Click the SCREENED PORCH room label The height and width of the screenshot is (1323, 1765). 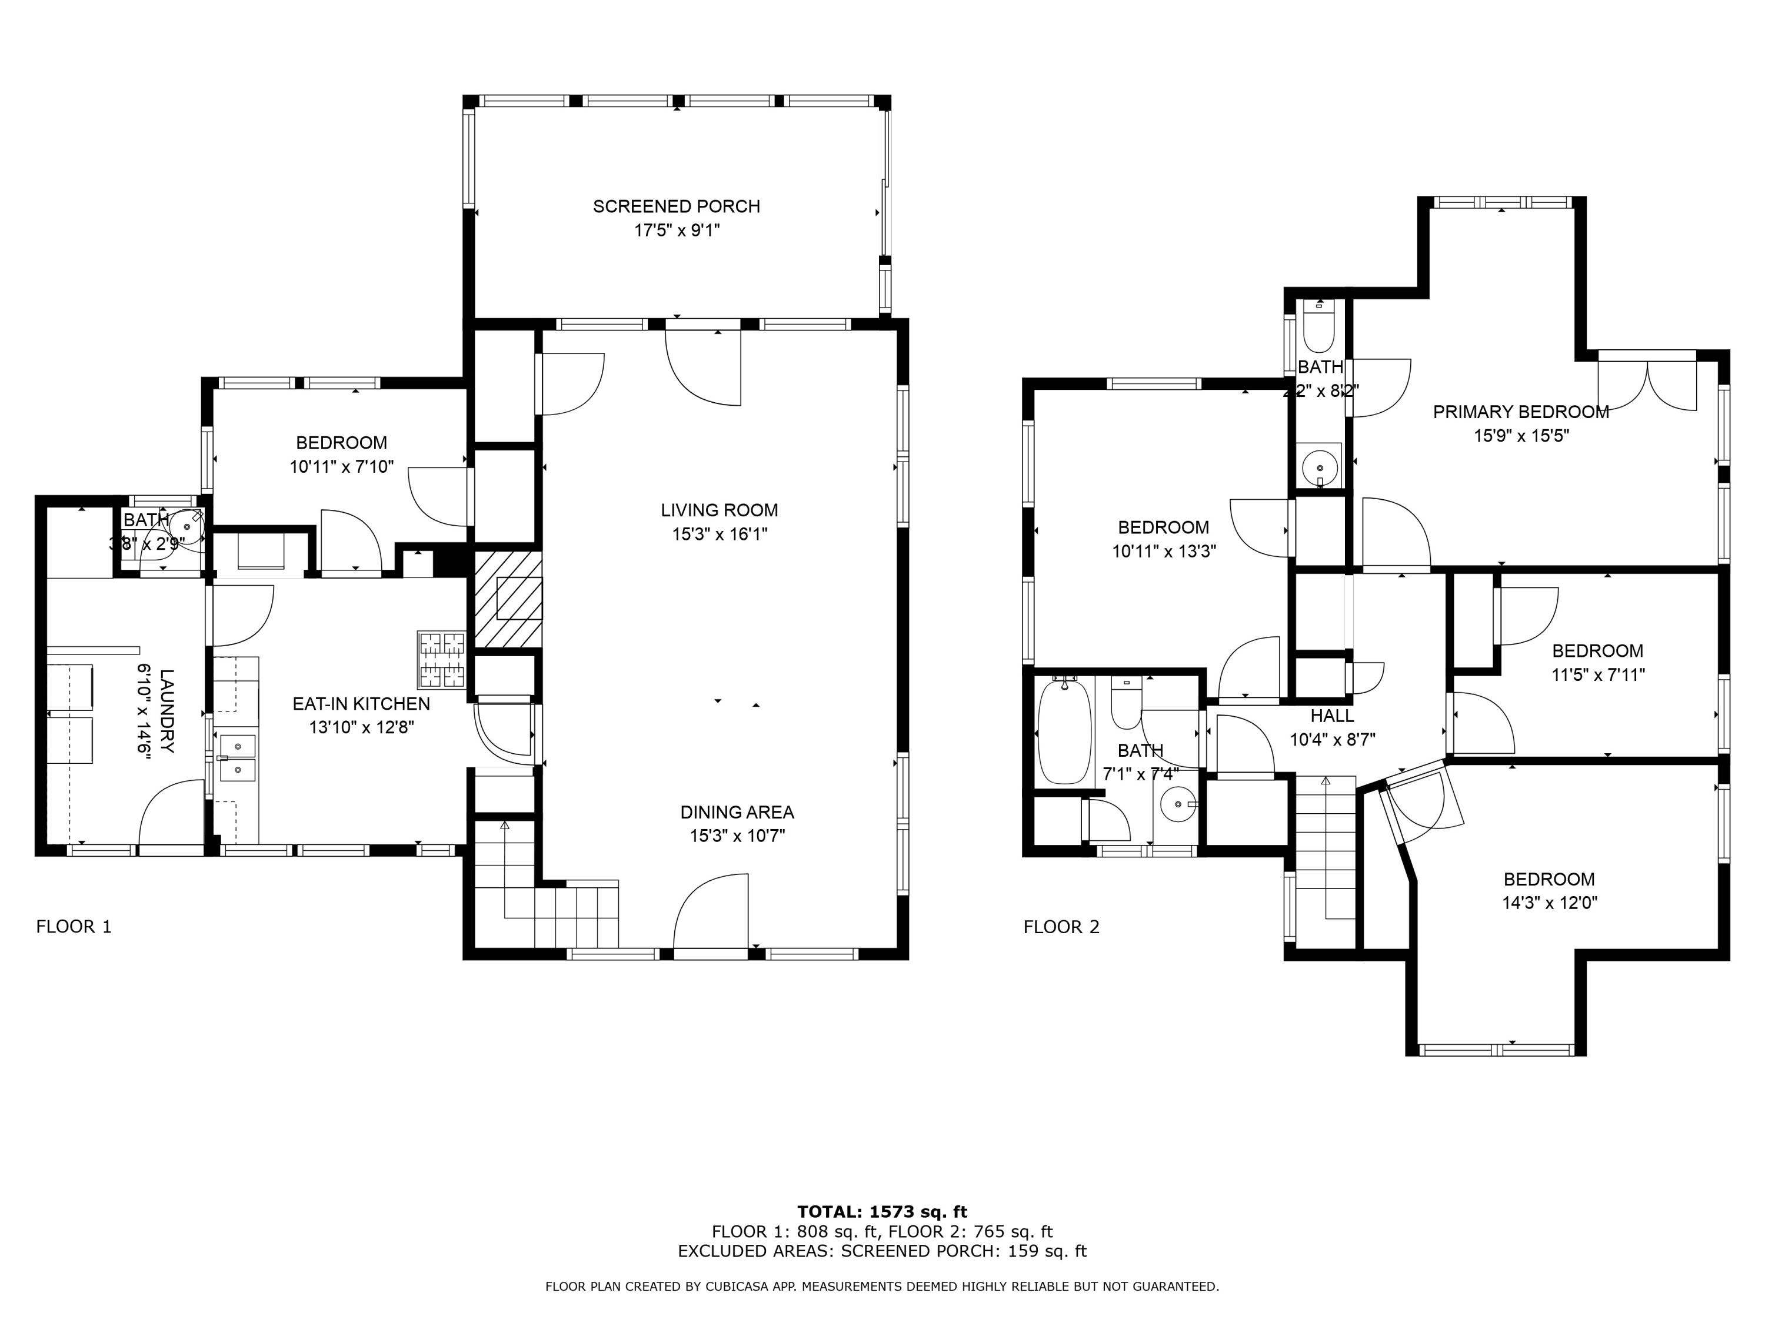pyautogui.click(x=676, y=206)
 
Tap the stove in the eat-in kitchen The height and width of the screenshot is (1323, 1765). pyautogui.click(x=441, y=660)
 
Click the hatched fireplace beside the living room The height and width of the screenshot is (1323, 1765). pyautogui.click(x=508, y=600)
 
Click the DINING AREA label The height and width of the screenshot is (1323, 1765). pyautogui.click(x=737, y=812)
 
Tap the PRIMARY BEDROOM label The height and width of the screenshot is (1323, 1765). pyautogui.click(x=1520, y=412)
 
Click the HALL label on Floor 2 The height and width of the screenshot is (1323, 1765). pyautogui.click(x=1332, y=716)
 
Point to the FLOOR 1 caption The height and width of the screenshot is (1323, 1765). pyautogui.click(x=74, y=927)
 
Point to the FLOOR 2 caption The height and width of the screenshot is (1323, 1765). pyautogui.click(x=1061, y=927)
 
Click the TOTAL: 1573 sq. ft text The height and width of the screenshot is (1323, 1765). pyautogui.click(x=882, y=1212)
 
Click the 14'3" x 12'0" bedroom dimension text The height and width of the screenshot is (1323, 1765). pyautogui.click(x=1548, y=903)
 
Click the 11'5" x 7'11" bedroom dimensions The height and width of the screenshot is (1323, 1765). pyautogui.click(x=1597, y=674)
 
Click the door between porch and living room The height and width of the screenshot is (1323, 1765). pyautogui.click(x=704, y=367)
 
